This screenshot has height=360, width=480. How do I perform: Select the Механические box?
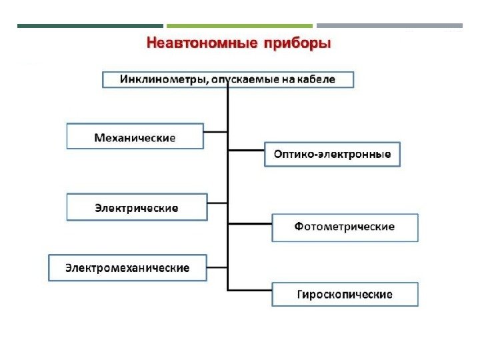click(135, 137)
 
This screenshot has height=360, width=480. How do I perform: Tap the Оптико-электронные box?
click(332, 155)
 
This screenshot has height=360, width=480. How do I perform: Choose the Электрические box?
click(137, 207)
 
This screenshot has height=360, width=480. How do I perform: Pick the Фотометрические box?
click(344, 227)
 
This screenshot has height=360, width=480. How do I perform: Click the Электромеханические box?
click(127, 267)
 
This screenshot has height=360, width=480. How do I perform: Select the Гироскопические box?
click(344, 294)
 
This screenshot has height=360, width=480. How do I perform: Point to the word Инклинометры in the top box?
click(162, 79)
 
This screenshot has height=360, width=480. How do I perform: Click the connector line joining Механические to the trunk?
click(215, 131)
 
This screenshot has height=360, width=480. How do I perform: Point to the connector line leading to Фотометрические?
click(250, 223)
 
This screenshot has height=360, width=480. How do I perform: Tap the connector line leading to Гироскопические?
click(250, 289)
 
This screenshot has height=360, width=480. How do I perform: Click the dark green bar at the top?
click(89, 26)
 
